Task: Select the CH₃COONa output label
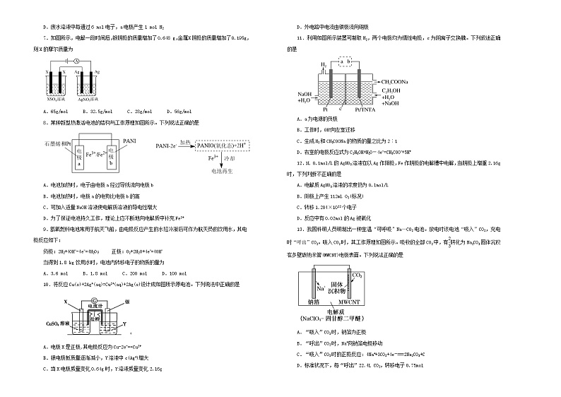point(400,82)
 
